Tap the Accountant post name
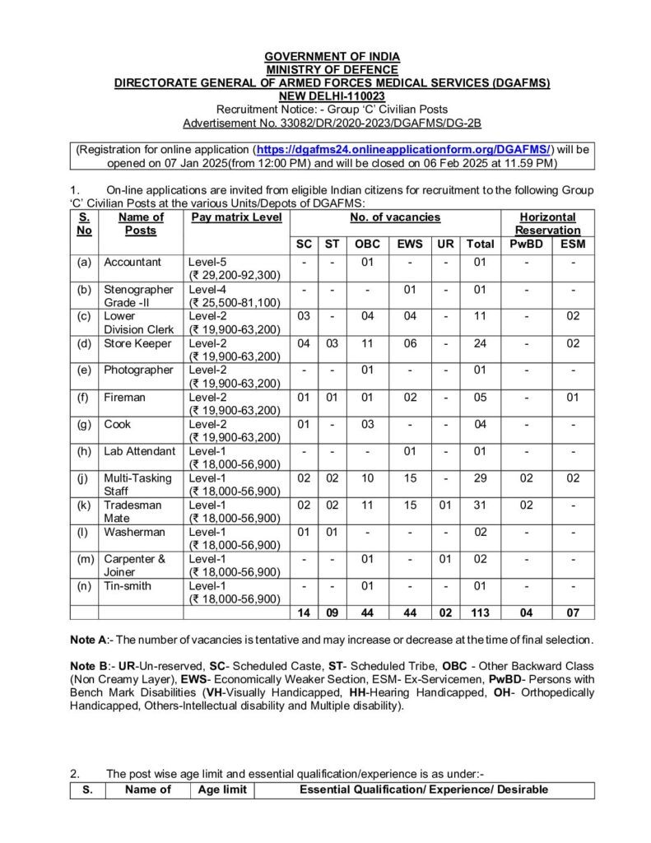tap(132, 262)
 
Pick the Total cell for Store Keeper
tap(480, 343)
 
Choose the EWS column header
tap(408, 244)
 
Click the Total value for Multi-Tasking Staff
tap(480, 477)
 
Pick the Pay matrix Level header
tap(236, 217)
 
